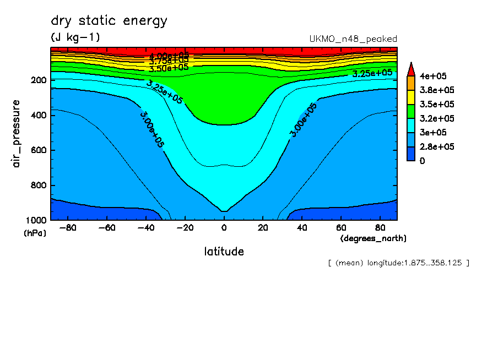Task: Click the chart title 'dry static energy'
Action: tap(109, 21)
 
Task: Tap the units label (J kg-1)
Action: tap(75, 37)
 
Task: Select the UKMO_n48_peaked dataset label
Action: tap(354, 39)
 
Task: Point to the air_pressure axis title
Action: tap(17, 134)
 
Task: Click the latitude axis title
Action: tap(224, 252)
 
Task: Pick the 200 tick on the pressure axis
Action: tap(38, 80)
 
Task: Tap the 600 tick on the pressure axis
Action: tap(38, 150)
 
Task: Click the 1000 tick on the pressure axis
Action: tap(36, 221)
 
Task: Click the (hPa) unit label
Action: tap(35, 233)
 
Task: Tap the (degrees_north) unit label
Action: tap(373, 238)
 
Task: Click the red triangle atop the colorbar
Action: tap(410, 69)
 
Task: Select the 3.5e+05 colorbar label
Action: tap(435, 104)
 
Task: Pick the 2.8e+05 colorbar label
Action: tap(435, 146)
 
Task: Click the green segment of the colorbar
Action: tap(410, 111)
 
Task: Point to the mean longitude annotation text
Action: tap(398, 263)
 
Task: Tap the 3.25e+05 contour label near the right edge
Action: tap(372, 73)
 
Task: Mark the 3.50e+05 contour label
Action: tap(169, 68)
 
